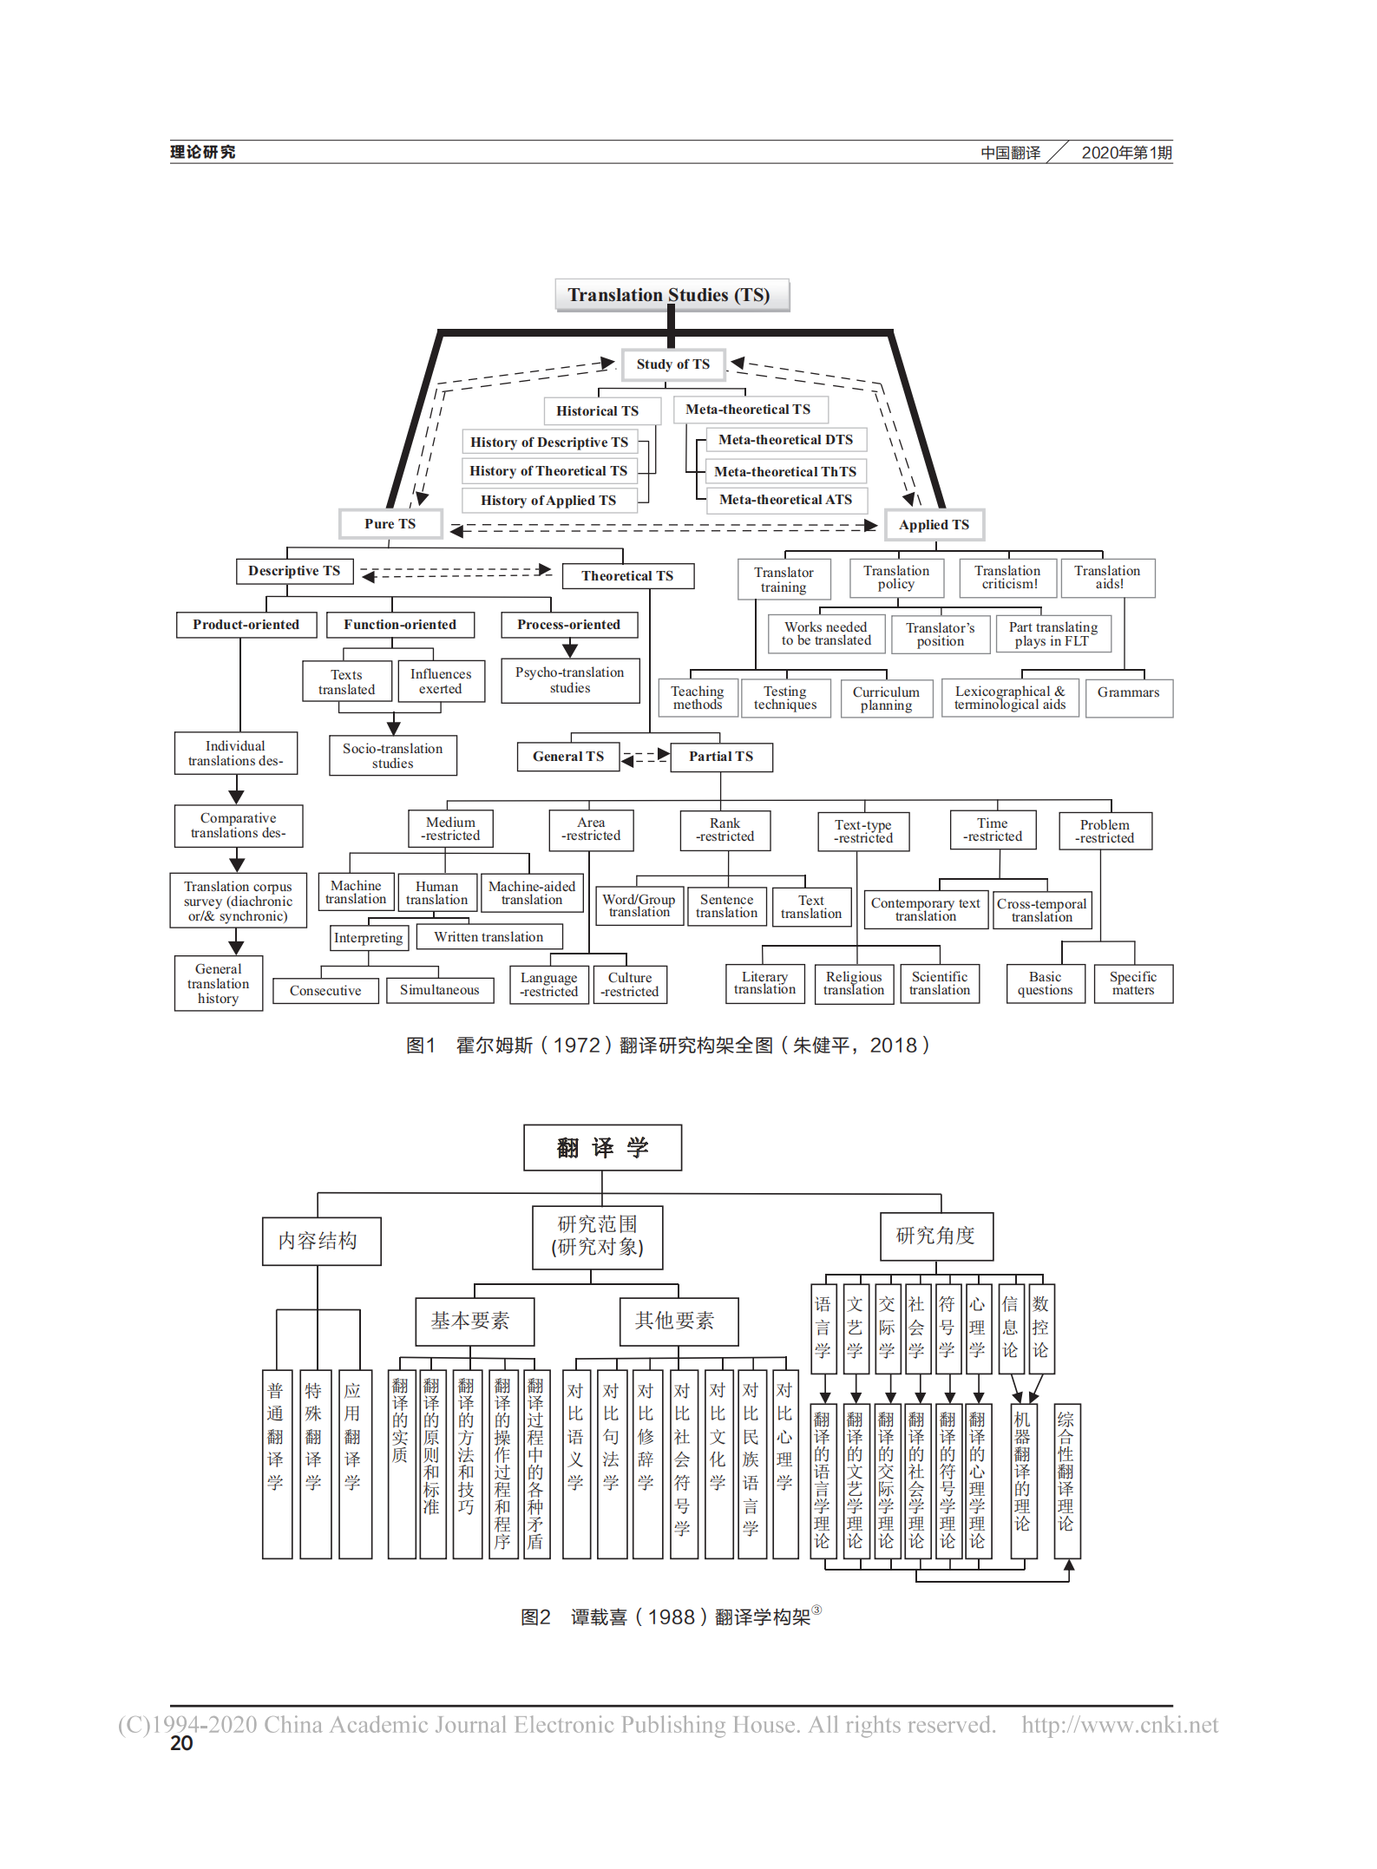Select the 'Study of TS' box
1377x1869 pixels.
coord(672,364)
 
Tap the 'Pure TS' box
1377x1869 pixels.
coord(390,524)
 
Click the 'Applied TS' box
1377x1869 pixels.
coord(934,525)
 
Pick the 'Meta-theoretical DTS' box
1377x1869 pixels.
coord(785,440)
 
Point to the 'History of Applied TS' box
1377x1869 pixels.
coord(548,501)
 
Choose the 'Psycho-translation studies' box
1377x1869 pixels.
coord(569,680)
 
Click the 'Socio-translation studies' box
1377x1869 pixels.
coord(392,756)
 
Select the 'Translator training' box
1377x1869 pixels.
coord(784,580)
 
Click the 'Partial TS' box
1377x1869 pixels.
coord(721,757)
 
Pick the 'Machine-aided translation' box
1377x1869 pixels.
coord(531,893)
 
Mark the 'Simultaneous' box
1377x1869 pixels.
coord(439,990)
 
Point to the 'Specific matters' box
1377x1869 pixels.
coord(1132,983)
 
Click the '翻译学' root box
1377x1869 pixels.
coord(602,1148)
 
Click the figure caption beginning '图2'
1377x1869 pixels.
coord(670,1617)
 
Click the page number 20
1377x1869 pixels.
coord(181,1744)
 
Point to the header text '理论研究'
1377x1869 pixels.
coord(202,153)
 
